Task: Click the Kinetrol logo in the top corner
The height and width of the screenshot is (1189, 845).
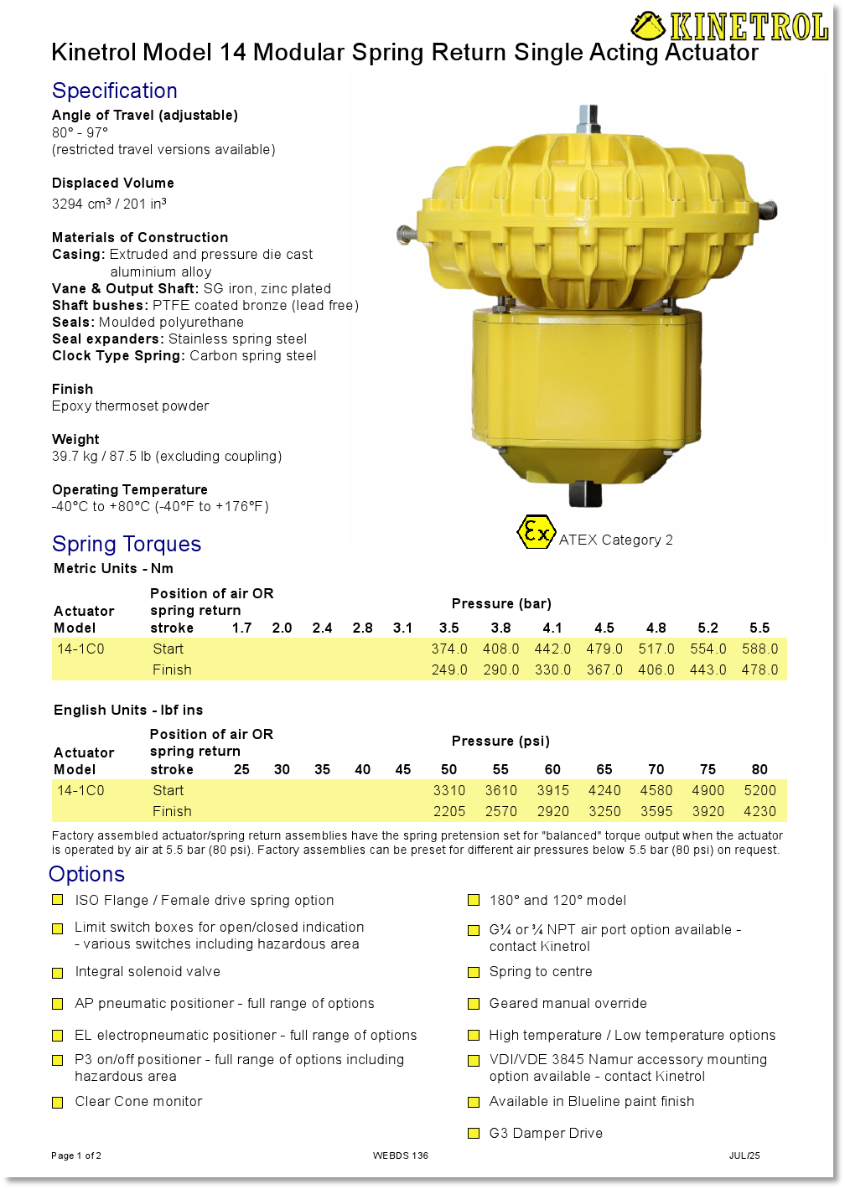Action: coord(729,27)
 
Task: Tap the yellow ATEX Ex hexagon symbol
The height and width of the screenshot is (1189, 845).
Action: coord(535,532)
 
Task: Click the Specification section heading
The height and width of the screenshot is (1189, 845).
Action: coord(115,90)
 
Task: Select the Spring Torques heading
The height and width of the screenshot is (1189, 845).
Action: coord(127,544)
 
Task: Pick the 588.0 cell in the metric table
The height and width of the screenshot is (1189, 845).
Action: coord(759,649)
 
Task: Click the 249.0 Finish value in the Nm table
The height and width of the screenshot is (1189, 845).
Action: coord(449,669)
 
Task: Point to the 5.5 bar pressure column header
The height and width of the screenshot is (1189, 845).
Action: coord(759,628)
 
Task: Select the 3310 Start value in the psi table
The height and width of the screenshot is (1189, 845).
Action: coord(449,790)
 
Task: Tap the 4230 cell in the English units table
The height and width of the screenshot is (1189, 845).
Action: coord(759,811)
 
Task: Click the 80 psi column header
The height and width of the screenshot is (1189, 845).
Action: coord(759,769)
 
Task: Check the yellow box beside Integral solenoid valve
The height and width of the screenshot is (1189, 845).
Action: coord(58,973)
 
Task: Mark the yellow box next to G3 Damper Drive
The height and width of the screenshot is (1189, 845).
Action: coord(474,1134)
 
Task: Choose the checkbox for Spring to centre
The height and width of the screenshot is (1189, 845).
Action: coord(474,972)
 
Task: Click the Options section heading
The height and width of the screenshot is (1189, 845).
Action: coord(87,874)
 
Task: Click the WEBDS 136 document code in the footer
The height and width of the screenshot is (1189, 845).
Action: coord(401,1155)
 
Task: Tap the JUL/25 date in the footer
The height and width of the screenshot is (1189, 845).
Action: coord(744,1155)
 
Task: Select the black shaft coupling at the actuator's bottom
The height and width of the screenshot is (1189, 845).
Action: coord(585,494)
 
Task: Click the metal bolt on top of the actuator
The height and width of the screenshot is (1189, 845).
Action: coord(587,117)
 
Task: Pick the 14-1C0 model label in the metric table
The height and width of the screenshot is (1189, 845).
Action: coord(80,649)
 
